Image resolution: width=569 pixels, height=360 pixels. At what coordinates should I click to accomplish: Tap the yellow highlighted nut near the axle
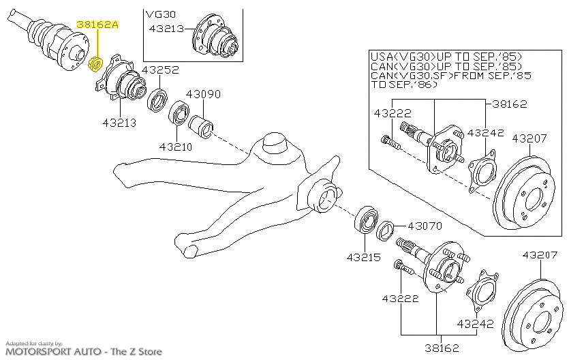pyautogui.click(x=97, y=65)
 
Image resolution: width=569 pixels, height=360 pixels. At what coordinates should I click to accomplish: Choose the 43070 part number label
pyautogui.click(x=425, y=226)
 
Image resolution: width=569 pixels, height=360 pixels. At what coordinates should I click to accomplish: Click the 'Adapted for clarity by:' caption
pyautogui.click(x=33, y=343)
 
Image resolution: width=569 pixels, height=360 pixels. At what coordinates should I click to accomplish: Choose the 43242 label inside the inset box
pyautogui.click(x=486, y=134)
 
